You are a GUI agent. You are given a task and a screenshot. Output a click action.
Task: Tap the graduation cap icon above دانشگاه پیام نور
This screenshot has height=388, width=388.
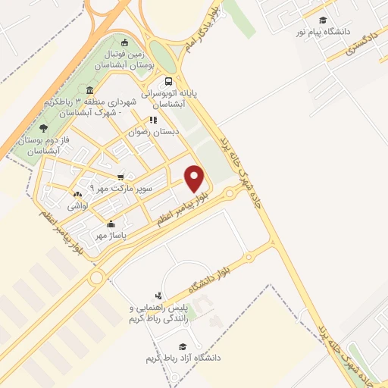pos(324,20)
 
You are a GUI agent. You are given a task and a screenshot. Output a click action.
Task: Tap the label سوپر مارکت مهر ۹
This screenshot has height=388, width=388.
pos(121,186)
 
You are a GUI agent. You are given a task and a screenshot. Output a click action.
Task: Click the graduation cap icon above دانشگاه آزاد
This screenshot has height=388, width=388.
pos(181,346)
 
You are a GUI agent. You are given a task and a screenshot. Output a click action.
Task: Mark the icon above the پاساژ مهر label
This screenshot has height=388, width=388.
pos(112,224)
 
